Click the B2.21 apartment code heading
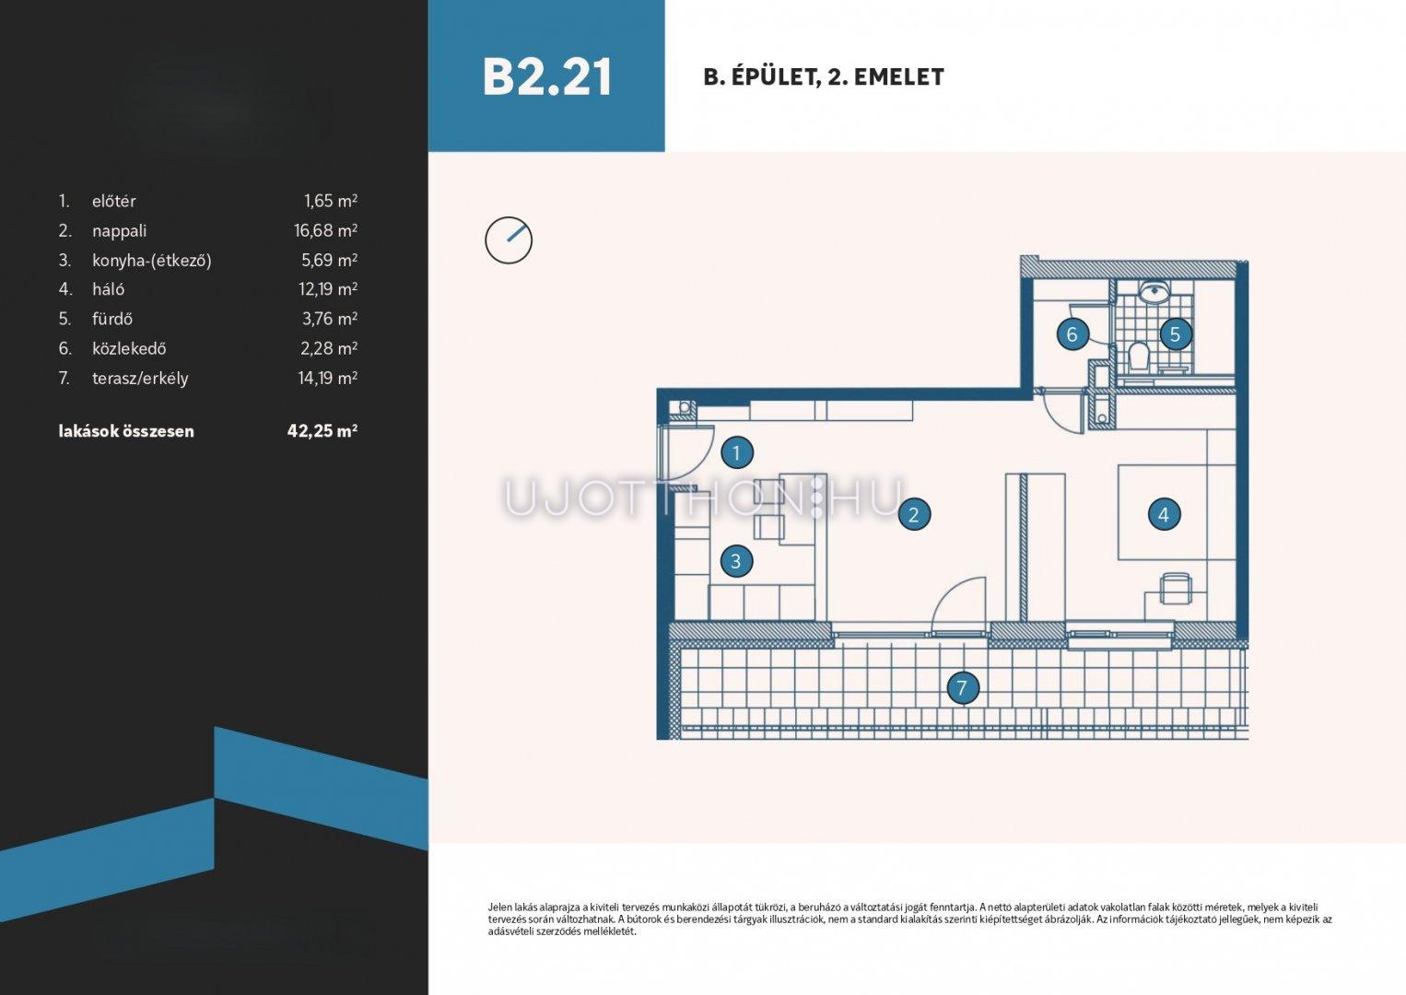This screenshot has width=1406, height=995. pyautogui.click(x=546, y=77)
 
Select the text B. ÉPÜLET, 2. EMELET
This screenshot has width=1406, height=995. pyautogui.click(x=824, y=77)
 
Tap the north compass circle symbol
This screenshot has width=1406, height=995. pyautogui.click(x=509, y=240)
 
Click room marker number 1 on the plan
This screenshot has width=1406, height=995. pyautogui.click(x=737, y=452)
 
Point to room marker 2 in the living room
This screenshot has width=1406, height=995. pyautogui.click(x=914, y=515)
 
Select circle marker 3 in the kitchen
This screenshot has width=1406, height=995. pyautogui.click(x=735, y=560)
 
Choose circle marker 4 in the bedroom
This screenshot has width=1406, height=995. pyautogui.click(x=1164, y=515)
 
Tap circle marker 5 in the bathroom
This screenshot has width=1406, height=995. pyautogui.click(x=1175, y=334)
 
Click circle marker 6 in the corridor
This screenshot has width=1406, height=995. pyautogui.click(x=1072, y=334)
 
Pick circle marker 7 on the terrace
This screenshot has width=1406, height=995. pyautogui.click(x=962, y=687)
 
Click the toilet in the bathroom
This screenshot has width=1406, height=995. pyautogui.click(x=1137, y=357)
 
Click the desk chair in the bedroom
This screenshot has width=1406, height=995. pyautogui.click(x=1175, y=588)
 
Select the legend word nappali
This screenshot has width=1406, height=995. pyautogui.click(x=119, y=231)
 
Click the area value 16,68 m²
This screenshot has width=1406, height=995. pyautogui.click(x=326, y=230)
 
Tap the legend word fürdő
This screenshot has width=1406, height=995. pyautogui.click(x=112, y=319)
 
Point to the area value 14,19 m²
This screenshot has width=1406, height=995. pyautogui.click(x=328, y=378)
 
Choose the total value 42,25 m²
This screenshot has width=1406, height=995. pyautogui.click(x=322, y=430)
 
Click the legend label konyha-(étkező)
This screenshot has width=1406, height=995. pyautogui.click(x=152, y=261)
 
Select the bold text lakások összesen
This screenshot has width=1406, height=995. pyautogui.click(x=126, y=431)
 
